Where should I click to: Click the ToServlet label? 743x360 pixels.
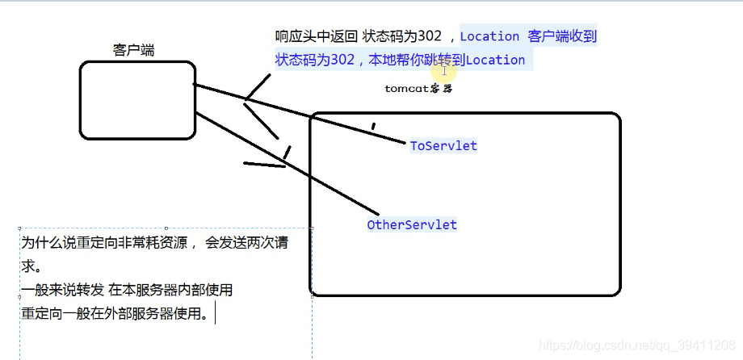coord(443,146)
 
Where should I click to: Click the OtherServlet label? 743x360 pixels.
coord(412,225)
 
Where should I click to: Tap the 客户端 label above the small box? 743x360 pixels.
coord(134,50)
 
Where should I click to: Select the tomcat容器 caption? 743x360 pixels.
coord(418,89)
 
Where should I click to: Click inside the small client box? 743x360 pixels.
coord(137,99)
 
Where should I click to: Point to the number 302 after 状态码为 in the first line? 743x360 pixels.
coord(429,36)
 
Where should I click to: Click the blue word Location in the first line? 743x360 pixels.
coord(489,36)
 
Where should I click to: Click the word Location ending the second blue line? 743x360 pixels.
coord(495,60)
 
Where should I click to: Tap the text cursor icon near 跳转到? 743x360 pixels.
coord(444,71)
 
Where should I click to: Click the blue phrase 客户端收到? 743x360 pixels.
coord(562,36)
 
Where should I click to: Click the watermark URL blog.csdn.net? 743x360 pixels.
coord(638,345)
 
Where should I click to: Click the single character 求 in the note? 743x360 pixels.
coord(29,266)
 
